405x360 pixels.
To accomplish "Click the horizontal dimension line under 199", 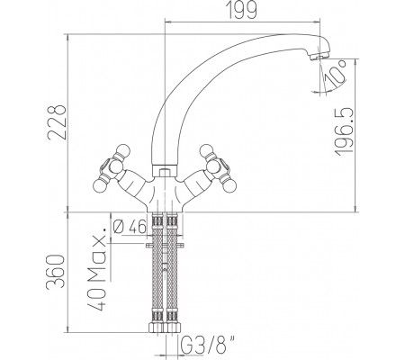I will pyautogui.click(x=238, y=28).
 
